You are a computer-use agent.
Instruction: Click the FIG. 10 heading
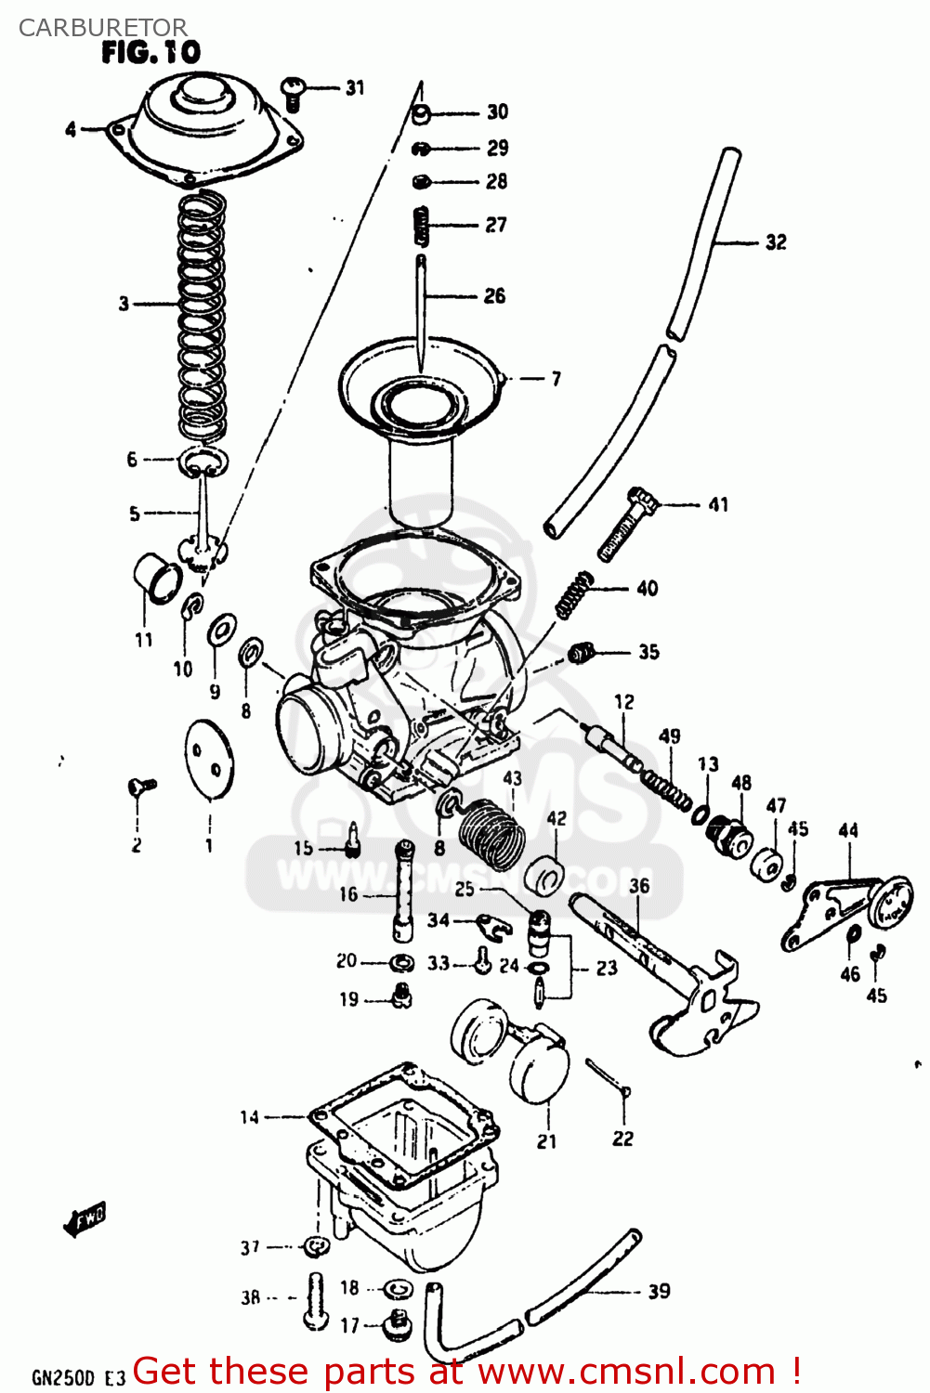click(x=151, y=53)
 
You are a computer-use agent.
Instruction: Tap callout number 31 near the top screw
click(x=355, y=88)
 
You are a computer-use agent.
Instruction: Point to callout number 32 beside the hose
click(x=776, y=242)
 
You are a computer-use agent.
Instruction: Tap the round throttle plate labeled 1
click(x=210, y=759)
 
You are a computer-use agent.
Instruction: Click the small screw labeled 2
click(x=141, y=787)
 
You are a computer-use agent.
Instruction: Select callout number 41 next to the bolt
click(x=718, y=505)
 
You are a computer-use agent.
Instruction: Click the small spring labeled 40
click(x=573, y=595)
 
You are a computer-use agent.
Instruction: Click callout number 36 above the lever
click(x=639, y=885)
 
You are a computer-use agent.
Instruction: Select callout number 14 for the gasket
click(x=249, y=1117)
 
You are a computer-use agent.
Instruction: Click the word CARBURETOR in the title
click(x=102, y=27)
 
